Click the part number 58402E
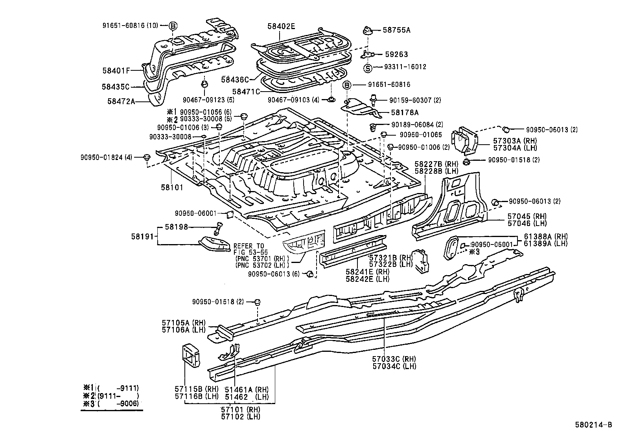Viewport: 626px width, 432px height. coord(281,27)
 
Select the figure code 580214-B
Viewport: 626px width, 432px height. coord(596,425)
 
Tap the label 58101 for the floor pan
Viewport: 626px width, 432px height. coord(172,188)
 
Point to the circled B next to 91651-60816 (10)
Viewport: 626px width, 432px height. coord(173,26)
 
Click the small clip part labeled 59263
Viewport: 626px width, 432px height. coord(368,54)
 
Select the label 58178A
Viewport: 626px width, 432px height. coord(405,112)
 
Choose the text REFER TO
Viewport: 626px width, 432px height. coord(249,246)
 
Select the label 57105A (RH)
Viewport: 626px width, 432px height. coord(183,323)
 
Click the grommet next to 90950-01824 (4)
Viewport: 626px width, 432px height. coord(147,157)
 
